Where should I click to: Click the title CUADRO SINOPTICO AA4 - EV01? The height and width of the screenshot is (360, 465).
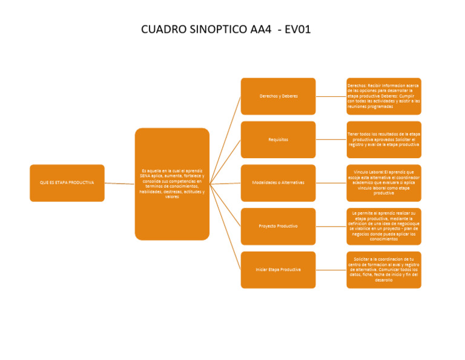(225, 29)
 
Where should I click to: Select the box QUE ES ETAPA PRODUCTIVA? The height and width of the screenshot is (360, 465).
(67, 182)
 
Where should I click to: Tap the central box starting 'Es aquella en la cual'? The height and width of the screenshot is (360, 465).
(172, 183)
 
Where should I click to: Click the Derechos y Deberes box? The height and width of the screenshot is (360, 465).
(278, 96)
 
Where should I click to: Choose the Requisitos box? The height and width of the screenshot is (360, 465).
(278, 139)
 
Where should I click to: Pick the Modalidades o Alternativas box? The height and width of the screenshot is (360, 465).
(278, 182)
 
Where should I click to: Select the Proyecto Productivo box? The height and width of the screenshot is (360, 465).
(278, 226)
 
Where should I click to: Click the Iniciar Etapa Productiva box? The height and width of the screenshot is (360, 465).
(278, 270)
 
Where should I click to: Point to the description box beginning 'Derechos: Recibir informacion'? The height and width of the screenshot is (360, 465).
(384, 96)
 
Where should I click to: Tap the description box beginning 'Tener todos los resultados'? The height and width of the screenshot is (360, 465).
(384, 139)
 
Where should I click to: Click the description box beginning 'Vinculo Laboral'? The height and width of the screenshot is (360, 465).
(384, 182)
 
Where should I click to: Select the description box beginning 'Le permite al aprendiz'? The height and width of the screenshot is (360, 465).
(384, 226)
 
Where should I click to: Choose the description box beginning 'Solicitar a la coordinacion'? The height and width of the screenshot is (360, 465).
(384, 270)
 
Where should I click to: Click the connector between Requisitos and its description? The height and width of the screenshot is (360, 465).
(331, 139)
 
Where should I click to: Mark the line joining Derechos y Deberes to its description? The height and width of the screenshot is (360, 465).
(331, 96)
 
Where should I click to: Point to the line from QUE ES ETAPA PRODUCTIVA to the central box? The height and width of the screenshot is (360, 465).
(119, 183)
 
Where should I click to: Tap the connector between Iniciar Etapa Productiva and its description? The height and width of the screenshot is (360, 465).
(331, 270)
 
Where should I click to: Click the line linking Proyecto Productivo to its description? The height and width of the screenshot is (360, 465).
(331, 226)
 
